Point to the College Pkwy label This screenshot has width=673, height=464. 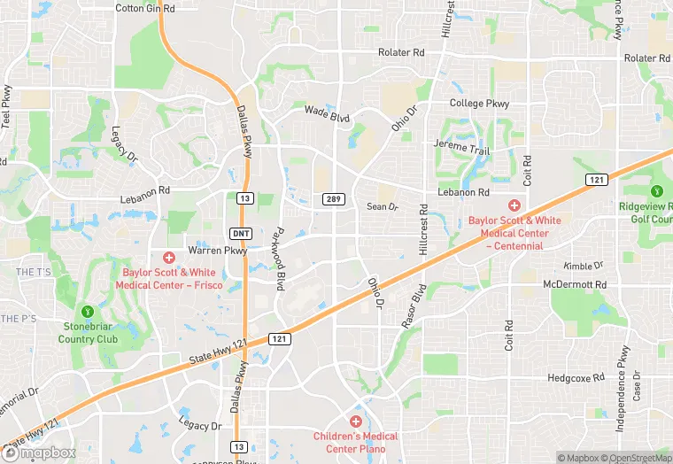[x=479, y=104]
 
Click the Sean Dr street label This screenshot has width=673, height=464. [x=383, y=206]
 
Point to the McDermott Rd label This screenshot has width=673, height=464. [x=575, y=284]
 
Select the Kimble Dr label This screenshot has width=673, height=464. [x=583, y=266]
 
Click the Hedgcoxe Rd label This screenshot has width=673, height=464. [x=576, y=377]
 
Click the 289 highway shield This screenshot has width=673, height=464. [x=333, y=199]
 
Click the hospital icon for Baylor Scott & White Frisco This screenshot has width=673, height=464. [x=169, y=257]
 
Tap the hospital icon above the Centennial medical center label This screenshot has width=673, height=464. [x=514, y=205]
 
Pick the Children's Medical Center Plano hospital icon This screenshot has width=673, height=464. [x=356, y=421]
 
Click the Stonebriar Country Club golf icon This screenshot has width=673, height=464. [x=88, y=312]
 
